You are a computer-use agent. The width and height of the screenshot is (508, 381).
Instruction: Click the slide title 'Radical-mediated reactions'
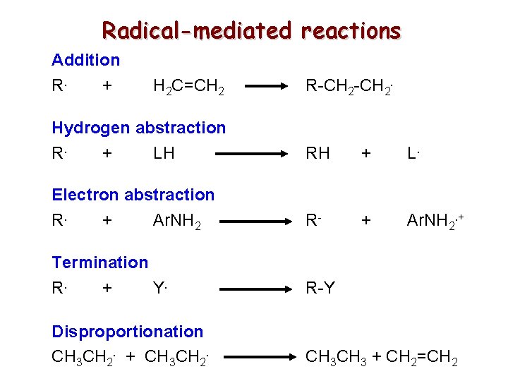click(251, 30)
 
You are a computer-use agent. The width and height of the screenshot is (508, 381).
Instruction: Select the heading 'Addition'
click(85, 60)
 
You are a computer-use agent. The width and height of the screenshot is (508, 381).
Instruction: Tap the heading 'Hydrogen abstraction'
click(139, 128)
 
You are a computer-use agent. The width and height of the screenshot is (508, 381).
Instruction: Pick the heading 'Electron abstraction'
click(133, 195)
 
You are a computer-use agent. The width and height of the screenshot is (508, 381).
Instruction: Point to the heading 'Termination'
click(100, 262)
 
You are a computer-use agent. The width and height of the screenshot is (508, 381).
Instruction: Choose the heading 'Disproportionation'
click(128, 331)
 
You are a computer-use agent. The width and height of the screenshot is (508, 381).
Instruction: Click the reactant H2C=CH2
click(189, 87)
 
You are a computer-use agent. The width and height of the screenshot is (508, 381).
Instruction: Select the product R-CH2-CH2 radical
click(349, 87)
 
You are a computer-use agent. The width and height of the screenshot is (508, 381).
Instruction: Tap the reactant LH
click(164, 153)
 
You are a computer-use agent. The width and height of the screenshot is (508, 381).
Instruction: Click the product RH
click(317, 153)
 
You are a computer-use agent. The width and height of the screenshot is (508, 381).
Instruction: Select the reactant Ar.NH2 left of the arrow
click(176, 222)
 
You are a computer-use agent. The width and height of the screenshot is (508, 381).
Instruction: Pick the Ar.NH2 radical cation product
click(433, 222)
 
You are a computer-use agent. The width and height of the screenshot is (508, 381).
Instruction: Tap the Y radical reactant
click(161, 289)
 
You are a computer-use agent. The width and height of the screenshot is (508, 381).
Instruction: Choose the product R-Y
click(320, 289)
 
